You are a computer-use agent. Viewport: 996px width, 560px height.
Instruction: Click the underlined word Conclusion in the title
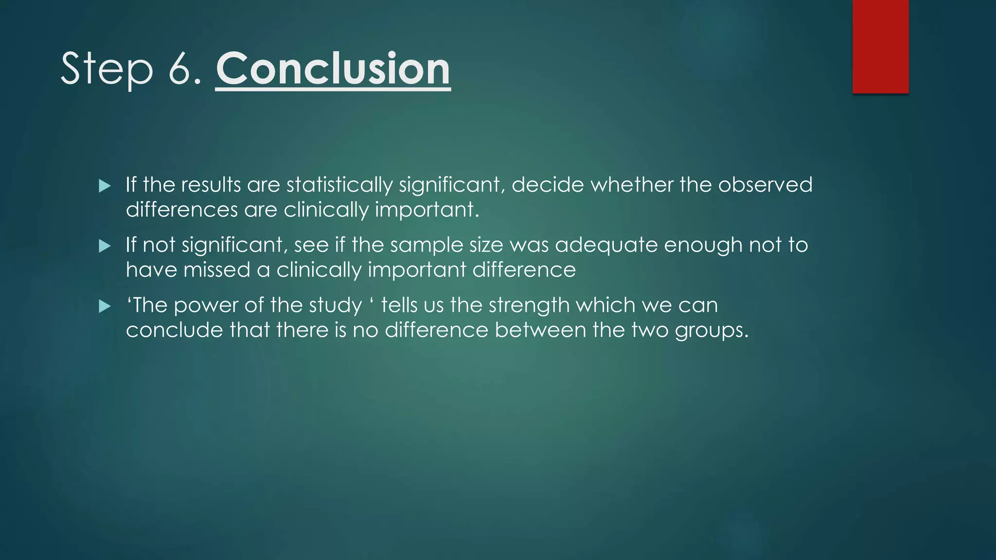[x=333, y=69]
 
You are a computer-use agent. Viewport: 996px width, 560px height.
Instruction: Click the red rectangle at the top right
[x=880, y=46]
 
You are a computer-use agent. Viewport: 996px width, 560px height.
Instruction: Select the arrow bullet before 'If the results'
[x=105, y=186]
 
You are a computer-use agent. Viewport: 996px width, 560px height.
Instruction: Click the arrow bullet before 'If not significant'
[x=105, y=246]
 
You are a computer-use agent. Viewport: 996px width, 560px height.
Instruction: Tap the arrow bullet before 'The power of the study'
[x=105, y=306]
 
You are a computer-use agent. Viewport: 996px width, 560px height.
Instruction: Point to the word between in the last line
[x=540, y=331]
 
